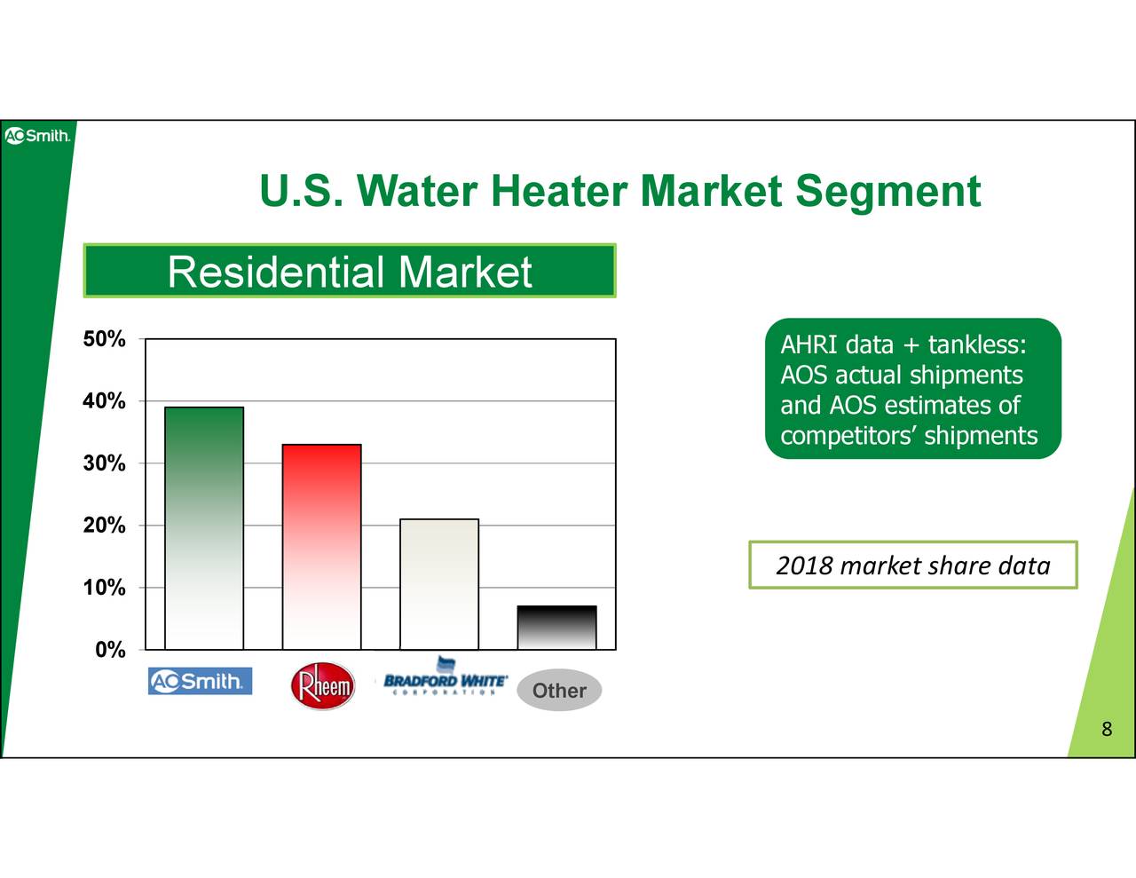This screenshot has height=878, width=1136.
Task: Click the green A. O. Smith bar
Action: (204, 528)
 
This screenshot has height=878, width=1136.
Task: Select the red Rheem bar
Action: (321, 547)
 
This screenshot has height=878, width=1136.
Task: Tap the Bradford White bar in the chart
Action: (439, 584)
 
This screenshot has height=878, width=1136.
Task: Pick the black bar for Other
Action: (556, 628)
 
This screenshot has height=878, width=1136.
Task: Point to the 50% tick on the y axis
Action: (104, 339)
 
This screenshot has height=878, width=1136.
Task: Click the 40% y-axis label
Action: (104, 401)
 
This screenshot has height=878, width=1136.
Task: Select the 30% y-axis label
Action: (104, 463)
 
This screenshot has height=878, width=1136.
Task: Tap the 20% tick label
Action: (104, 525)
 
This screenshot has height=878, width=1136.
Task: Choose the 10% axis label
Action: (104, 588)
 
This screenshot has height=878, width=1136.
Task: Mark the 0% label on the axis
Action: (110, 650)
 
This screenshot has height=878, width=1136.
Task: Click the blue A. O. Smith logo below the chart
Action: (201, 681)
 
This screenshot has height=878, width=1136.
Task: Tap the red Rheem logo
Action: (322, 685)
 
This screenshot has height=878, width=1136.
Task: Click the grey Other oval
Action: (559, 690)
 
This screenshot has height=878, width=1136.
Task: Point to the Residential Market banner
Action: (350, 271)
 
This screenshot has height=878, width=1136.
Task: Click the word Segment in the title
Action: (888, 193)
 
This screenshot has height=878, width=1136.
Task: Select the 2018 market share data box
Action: (913, 565)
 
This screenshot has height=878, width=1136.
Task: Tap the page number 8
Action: (1107, 729)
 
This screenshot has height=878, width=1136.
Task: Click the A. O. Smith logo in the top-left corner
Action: (37, 136)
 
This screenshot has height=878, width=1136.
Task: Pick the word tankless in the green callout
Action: (976, 344)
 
